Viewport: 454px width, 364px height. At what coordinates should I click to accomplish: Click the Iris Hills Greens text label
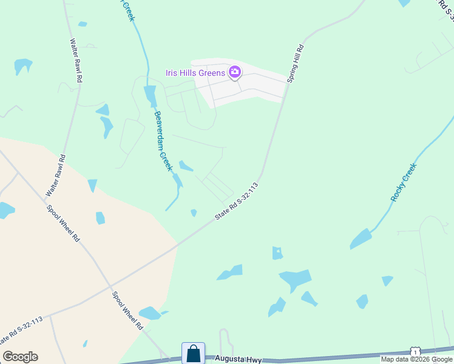coord(195,73)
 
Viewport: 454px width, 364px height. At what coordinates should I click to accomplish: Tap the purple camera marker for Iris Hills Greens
coord(234,73)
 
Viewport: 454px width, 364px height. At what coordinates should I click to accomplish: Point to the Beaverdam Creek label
coord(163,141)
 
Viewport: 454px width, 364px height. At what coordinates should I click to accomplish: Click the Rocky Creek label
coord(404,182)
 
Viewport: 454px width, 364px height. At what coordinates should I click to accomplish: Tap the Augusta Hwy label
coord(238,360)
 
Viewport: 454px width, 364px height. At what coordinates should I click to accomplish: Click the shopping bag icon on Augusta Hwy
coord(193,353)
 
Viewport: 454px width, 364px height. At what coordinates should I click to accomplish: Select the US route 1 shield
coord(415,352)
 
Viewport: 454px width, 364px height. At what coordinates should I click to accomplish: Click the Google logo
coord(20,357)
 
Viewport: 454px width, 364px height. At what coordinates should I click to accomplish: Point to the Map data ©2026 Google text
coord(416,360)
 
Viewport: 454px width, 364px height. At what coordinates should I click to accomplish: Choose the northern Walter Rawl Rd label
coord(76,61)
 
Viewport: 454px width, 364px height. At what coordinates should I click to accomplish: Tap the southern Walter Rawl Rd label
coord(55,175)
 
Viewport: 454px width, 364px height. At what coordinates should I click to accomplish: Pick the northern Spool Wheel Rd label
coord(64,223)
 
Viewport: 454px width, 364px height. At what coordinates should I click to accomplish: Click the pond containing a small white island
coord(277,253)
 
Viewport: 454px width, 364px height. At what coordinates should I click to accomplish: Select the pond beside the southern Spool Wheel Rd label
coord(150,313)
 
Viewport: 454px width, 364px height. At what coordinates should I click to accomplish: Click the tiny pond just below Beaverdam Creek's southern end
coord(194,213)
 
